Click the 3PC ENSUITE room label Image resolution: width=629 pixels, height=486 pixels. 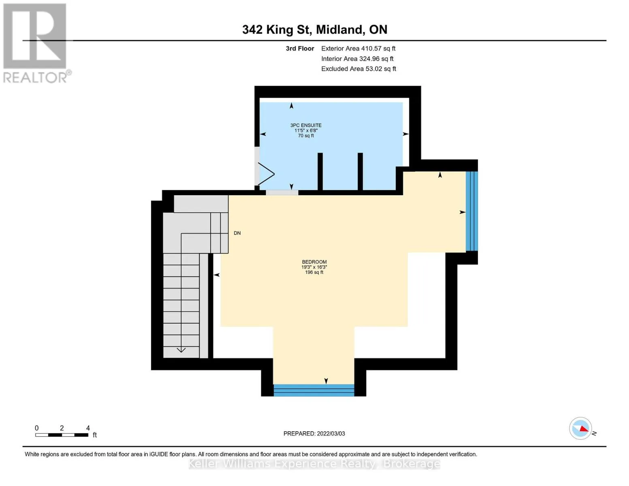click(x=306, y=125)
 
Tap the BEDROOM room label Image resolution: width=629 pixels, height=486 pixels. click(x=314, y=262)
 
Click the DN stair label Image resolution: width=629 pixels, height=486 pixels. click(x=237, y=233)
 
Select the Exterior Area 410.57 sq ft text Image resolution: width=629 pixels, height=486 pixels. click(x=358, y=49)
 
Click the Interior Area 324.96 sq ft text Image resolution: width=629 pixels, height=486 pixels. click(x=357, y=59)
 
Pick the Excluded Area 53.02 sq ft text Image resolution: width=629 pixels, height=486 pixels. click(x=358, y=69)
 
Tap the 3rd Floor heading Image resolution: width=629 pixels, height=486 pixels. click(x=300, y=49)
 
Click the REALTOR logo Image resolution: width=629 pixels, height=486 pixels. click(x=36, y=43)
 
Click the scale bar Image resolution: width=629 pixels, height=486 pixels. click(x=62, y=435)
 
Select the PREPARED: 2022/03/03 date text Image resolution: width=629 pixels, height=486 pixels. click(x=314, y=434)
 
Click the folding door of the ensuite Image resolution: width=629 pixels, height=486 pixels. click(x=265, y=174)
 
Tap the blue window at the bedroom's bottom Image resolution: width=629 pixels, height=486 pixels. click(x=314, y=390)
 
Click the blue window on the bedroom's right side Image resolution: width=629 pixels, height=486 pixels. click(x=471, y=211)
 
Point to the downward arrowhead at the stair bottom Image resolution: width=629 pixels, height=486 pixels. click(x=181, y=350)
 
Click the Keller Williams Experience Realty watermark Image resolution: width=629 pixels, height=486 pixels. click(x=314, y=464)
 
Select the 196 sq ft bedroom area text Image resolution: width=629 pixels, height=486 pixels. click(x=314, y=273)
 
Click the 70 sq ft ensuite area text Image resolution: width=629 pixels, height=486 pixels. click(x=306, y=136)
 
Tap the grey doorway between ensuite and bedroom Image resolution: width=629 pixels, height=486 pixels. click(x=282, y=192)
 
